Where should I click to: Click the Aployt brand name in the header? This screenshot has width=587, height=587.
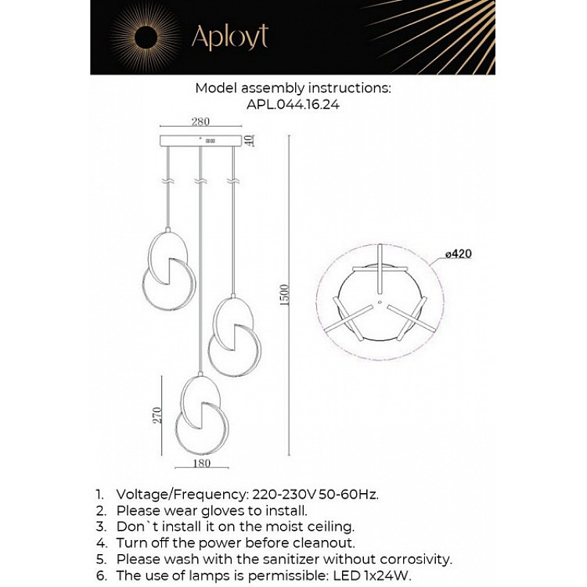tap(229, 36)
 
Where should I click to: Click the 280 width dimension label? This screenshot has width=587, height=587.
tap(200, 121)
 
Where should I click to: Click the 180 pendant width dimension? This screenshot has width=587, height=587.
tap(201, 463)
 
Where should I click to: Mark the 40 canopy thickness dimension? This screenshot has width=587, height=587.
tap(250, 141)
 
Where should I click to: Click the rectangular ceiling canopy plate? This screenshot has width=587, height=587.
tap(201, 141)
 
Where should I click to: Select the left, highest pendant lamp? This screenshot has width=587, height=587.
tap(168, 270)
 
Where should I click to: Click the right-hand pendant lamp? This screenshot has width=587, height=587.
tap(233, 335)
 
